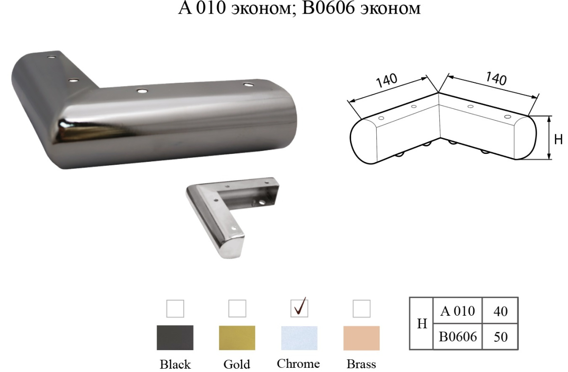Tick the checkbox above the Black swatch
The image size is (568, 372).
pos(175,309)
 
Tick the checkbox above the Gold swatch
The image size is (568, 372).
pos(237,309)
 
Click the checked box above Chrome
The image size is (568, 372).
pos(299,309)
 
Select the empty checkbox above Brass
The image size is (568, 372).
pos(361,309)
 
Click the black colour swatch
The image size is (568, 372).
pos(175,338)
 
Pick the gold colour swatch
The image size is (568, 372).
pos(237,338)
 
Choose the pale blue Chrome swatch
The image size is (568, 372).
pos(299,338)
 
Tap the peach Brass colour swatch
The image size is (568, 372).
pos(361,338)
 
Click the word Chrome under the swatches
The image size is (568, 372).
pos(298,363)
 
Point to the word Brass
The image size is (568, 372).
pos(361,364)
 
